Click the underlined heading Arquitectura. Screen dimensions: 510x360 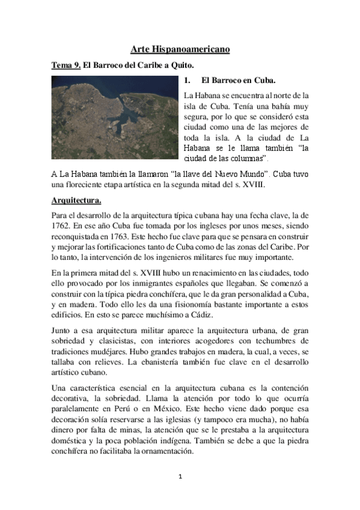tap(76, 200)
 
